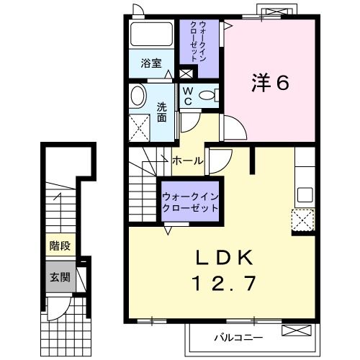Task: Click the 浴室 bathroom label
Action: click(x=151, y=63)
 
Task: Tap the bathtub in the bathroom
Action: click(x=151, y=34)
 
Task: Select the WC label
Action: click(x=188, y=96)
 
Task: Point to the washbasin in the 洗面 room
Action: click(x=138, y=96)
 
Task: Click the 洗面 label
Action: click(x=162, y=112)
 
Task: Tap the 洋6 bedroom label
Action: click(x=270, y=83)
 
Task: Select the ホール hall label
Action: click(x=188, y=161)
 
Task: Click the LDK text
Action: click(x=225, y=258)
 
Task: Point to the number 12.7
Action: click(x=225, y=284)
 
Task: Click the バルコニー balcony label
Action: click(x=238, y=338)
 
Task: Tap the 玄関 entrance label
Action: click(x=60, y=278)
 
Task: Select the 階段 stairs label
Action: click(x=60, y=246)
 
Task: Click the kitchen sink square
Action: click(x=305, y=195)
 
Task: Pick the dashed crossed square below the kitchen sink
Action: click(x=303, y=220)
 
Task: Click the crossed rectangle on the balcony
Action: click(x=297, y=330)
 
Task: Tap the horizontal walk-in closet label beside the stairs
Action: click(x=190, y=202)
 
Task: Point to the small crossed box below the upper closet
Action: click(x=186, y=74)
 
